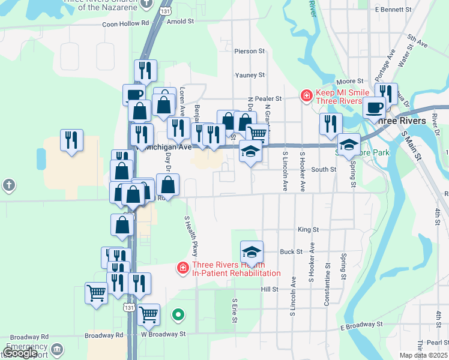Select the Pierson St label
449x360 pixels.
[250, 52]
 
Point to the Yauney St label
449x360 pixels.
[250, 75]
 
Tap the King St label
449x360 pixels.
[308, 229]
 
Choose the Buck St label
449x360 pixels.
[291, 252]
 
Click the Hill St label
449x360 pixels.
[270, 289]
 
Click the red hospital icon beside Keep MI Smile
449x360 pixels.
[306, 95]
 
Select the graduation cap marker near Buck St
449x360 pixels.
[252, 251]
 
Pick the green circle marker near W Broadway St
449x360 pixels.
[178, 314]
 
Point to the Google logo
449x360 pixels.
[20, 353]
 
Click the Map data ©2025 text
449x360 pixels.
[424, 355]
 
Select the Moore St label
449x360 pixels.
[351, 81]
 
